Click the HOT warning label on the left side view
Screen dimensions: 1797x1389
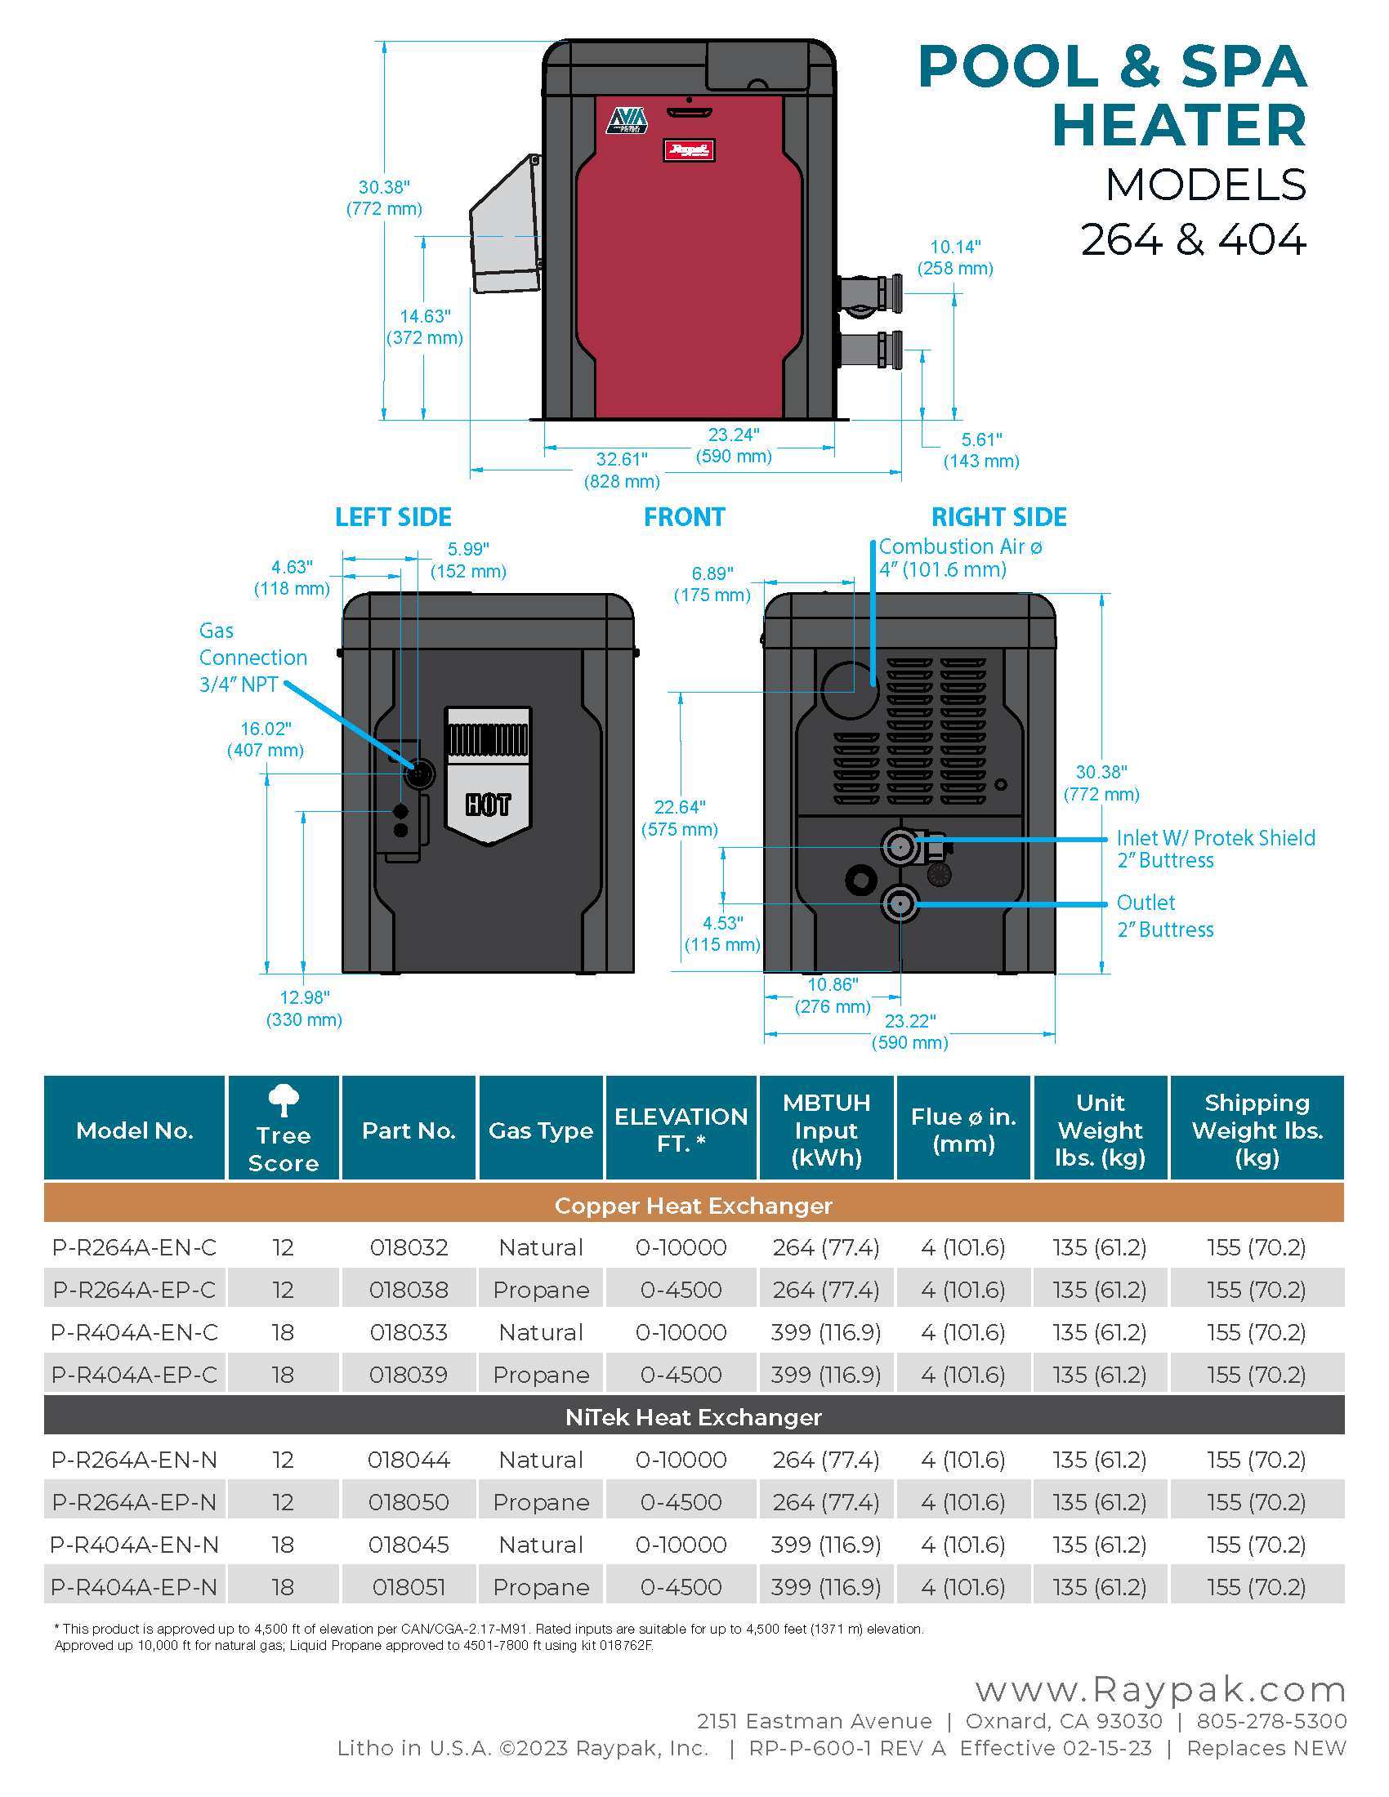(488, 804)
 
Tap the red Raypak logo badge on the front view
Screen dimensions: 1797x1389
(689, 149)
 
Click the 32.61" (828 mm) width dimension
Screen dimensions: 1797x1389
(622, 470)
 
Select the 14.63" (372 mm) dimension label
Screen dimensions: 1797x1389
(425, 327)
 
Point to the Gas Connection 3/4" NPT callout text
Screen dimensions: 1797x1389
(252, 658)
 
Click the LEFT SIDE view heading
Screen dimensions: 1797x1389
(393, 517)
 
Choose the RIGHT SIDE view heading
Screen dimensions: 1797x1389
(998, 517)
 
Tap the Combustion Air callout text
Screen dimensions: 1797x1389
(959, 558)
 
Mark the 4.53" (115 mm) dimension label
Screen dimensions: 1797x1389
(722, 934)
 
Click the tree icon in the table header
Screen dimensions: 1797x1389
(284, 1099)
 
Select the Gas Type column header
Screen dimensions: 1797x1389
(541, 1130)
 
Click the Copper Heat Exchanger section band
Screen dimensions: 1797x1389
(694, 1206)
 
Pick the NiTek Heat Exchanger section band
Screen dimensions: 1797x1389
(694, 1417)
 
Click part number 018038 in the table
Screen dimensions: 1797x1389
(409, 1289)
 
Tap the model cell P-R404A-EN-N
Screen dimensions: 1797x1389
(134, 1545)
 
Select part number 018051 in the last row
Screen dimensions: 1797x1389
(409, 1586)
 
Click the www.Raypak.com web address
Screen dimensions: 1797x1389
(1160, 1690)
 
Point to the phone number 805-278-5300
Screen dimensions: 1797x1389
(1271, 1721)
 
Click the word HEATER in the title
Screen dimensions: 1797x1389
(1178, 125)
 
